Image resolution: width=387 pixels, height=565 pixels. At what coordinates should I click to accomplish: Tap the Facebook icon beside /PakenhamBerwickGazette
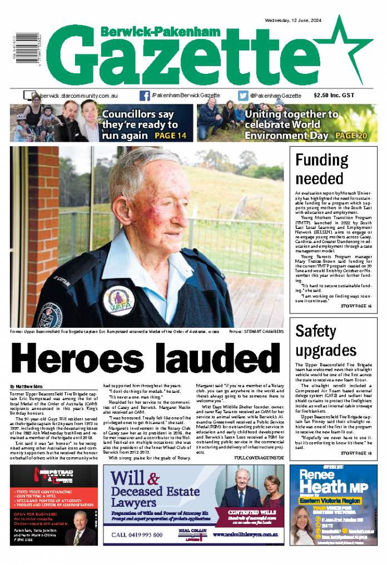(x=145, y=96)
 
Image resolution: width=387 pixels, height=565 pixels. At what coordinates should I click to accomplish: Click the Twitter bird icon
(x=243, y=96)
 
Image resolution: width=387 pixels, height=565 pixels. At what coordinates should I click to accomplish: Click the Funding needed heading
(x=321, y=169)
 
